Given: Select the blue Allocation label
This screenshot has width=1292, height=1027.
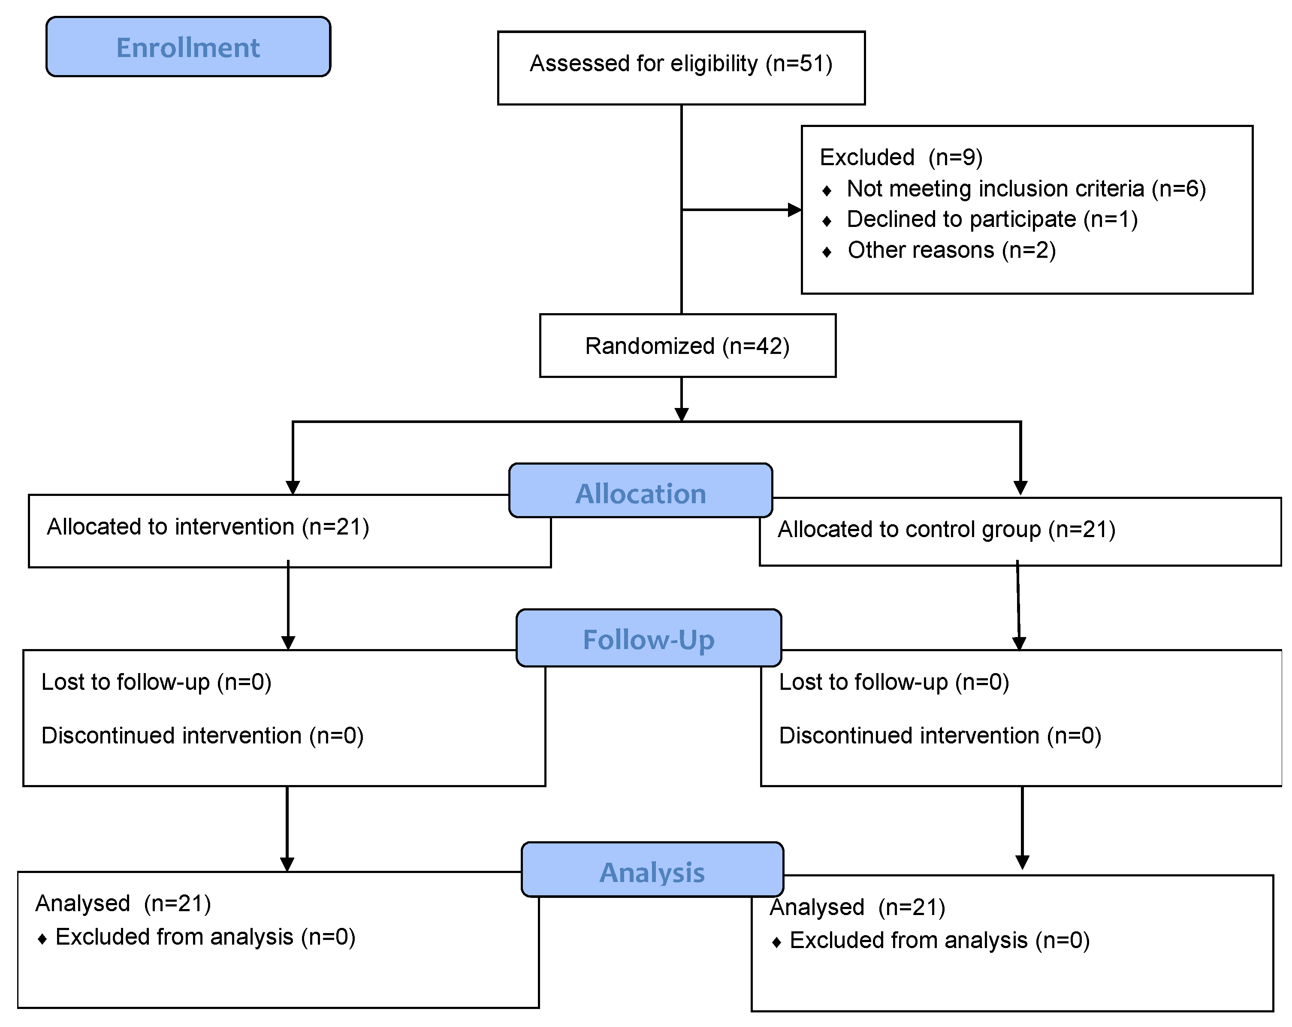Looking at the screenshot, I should pyautogui.click(x=640, y=494).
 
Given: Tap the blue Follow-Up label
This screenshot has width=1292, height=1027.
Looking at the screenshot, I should pyautogui.click(x=649, y=639).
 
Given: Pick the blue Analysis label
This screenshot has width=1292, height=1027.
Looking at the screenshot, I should pyautogui.click(x=652, y=872).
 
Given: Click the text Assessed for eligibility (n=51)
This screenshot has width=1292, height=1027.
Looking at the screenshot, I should pyautogui.click(x=681, y=63).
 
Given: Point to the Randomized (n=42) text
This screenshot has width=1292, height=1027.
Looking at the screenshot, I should pyautogui.click(x=687, y=346).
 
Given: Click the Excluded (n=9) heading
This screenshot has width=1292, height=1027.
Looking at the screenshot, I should pyautogui.click(x=901, y=157).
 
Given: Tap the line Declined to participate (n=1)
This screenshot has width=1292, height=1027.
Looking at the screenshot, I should pyautogui.click(x=992, y=219).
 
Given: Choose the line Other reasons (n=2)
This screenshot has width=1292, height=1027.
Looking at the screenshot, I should pyautogui.click(x=951, y=250).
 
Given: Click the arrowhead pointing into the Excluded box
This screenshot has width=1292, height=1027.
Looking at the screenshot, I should pyautogui.click(x=794, y=210).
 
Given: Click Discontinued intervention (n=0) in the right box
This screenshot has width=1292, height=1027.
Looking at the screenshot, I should pyautogui.click(x=940, y=735).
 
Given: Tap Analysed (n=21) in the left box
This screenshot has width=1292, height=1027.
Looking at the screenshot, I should pyautogui.click(x=123, y=903).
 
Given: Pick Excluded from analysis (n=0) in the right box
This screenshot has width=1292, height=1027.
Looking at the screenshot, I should pyautogui.click(x=939, y=940).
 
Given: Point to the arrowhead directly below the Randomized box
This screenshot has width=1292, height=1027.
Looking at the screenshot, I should pyautogui.click(x=681, y=414).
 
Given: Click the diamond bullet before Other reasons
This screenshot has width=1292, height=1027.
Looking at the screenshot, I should pyautogui.click(x=827, y=252).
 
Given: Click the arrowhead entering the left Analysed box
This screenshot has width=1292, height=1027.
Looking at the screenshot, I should pyautogui.click(x=287, y=864).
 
